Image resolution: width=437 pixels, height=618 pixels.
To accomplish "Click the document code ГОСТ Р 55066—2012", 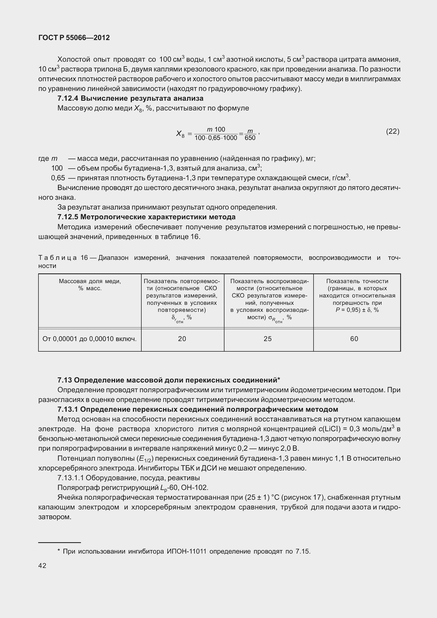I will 74,38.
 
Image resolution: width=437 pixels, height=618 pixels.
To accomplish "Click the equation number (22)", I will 392,132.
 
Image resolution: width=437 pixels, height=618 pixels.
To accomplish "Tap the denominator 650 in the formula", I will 250,138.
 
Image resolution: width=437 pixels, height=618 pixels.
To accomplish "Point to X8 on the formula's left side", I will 180,133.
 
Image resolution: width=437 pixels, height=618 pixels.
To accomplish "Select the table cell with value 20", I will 182,339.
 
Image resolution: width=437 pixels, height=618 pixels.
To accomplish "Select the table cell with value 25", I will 268,339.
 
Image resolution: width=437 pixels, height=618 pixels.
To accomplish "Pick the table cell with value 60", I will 354,339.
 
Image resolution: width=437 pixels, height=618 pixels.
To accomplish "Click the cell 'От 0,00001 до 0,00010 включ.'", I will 89,339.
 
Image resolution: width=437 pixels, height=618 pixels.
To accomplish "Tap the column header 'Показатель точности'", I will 357,281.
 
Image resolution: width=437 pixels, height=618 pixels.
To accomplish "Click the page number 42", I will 42,566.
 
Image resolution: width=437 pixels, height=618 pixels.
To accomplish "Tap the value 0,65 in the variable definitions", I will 58,178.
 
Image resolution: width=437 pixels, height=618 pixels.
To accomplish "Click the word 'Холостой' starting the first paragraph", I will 73,60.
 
